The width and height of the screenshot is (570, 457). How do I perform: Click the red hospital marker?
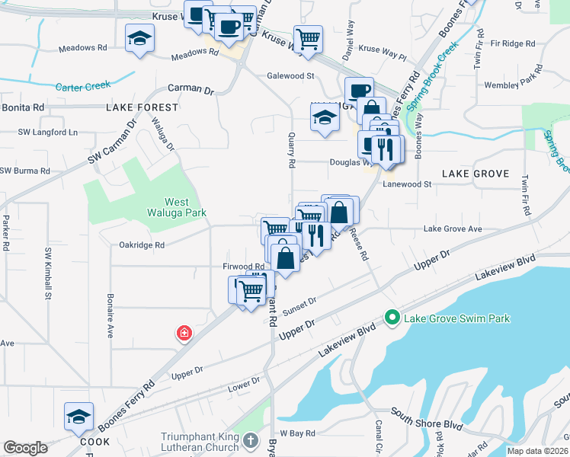click(x=184, y=333)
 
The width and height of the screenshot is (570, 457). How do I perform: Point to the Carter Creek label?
click(x=83, y=87)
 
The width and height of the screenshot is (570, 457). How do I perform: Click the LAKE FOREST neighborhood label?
click(x=142, y=107)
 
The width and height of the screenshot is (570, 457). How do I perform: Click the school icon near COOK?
click(x=78, y=417)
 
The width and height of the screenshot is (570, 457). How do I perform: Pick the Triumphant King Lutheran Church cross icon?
click(x=251, y=441)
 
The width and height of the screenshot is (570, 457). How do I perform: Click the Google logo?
click(x=25, y=448)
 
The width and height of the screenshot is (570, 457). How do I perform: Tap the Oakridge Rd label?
click(x=142, y=245)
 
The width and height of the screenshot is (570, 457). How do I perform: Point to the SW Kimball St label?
click(x=47, y=272)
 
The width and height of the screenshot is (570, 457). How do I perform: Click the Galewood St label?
click(x=290, y=76)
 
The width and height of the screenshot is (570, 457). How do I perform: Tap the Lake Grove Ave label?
click(x=453, y=228)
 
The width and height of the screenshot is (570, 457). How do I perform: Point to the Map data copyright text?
click(x=537, y=451)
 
